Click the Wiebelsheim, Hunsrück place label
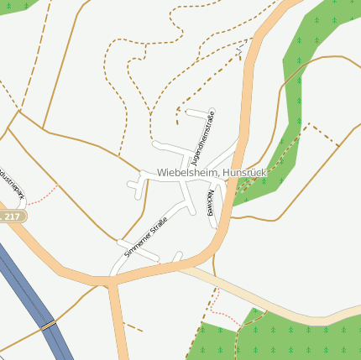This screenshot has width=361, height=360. click(x=211, y=173)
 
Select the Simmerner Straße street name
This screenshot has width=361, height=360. click(x=146, y=237)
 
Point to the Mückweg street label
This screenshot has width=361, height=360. click(x=210, y=203)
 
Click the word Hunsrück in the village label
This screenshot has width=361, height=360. click(x=243, y=173)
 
